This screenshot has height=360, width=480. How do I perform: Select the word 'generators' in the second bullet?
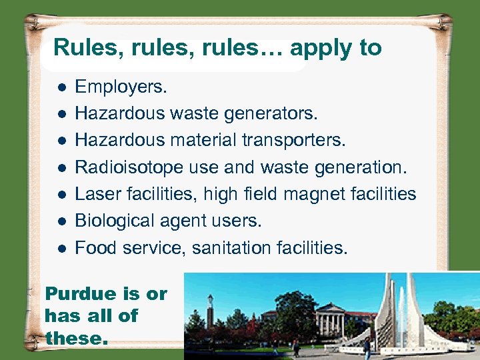pyautogui.click(x=273, y=114)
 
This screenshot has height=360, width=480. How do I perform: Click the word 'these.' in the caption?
pyautogui.click(x=75, y=338)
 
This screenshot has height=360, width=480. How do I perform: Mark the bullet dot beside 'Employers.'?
pyautogui.click(x=61, y=87)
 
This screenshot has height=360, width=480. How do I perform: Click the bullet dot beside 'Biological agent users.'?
pyautogui.click(x=61, y=221)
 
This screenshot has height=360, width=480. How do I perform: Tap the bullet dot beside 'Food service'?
pyautogui.click(x=61, y=249)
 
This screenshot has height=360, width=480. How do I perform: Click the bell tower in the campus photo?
pyautogui.click(x=210, y=310)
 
